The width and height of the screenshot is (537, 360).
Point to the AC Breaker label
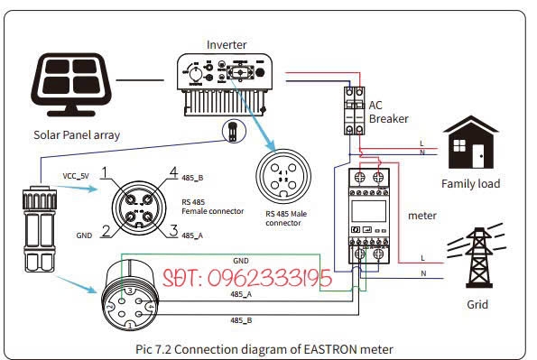[x=388, y=112]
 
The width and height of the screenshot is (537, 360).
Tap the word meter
[x=421, y=216]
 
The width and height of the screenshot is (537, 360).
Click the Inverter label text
[x=226, y=44]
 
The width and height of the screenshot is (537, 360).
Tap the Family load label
[x=470, y=184]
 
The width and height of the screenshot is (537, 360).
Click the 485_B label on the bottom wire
[x=241, y=320]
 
